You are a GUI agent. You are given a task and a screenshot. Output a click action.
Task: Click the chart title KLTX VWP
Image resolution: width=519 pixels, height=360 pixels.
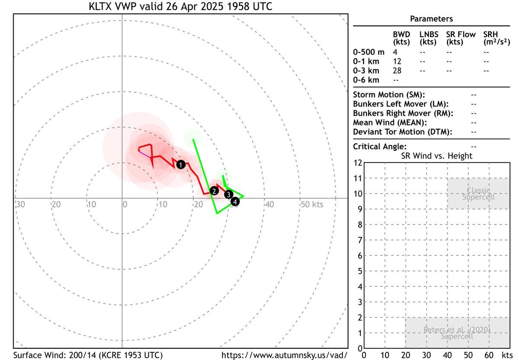[180, 7]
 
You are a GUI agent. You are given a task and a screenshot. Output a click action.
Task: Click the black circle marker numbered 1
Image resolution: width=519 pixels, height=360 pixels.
[181, 164]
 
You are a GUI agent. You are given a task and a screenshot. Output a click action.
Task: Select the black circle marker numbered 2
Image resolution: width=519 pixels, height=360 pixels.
[214, 191]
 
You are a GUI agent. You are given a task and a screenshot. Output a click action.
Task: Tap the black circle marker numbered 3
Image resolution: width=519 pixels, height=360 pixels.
[229, 194]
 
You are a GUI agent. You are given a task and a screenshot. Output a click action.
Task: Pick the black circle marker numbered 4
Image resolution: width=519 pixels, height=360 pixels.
[235, 201]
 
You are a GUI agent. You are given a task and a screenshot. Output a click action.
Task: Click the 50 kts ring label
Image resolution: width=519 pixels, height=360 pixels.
[311, 204]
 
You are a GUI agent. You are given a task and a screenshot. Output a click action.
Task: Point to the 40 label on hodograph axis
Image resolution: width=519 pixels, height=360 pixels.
[269, 204]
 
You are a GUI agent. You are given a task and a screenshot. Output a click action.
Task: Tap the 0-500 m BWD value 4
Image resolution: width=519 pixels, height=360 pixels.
[395, 52]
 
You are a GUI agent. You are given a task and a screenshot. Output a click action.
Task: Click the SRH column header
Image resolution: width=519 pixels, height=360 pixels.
[490, 35]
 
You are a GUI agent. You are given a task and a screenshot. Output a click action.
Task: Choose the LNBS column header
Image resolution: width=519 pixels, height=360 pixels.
[428, 35]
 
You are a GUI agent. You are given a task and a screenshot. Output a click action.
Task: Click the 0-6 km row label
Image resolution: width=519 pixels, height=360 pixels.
[366, 80]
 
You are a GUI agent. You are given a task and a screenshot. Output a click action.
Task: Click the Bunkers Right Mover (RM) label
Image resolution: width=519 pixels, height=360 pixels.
[403, 113]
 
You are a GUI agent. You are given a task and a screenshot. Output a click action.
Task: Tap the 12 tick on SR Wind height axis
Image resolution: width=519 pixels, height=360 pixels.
[358, 163]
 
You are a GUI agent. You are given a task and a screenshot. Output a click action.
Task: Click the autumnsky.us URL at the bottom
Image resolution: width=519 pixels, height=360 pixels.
[284, 355]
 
